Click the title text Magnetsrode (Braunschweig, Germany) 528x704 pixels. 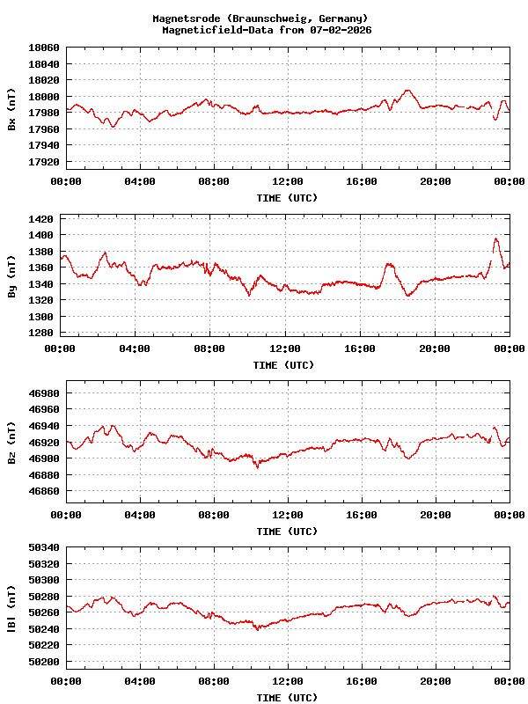click(260, 18)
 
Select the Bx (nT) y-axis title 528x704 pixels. click(11, 114)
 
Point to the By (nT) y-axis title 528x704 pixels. click(11, 282)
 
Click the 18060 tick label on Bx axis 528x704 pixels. click(44, 48)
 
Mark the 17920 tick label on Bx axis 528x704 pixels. click(44, 162)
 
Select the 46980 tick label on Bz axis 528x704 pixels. click(44, 393)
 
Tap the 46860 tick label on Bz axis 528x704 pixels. click(44, 491)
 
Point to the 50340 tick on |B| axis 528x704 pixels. click(44, 547)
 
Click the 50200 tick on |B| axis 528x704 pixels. click(44, 662)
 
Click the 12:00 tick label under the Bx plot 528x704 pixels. click(288, 181)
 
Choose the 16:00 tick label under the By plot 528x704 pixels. click(361, 348)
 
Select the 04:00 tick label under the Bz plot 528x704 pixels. click(140, 515)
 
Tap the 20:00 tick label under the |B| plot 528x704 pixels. click(436, 681)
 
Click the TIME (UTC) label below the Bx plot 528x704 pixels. click(287, 198)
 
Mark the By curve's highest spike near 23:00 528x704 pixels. click(496, 238)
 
